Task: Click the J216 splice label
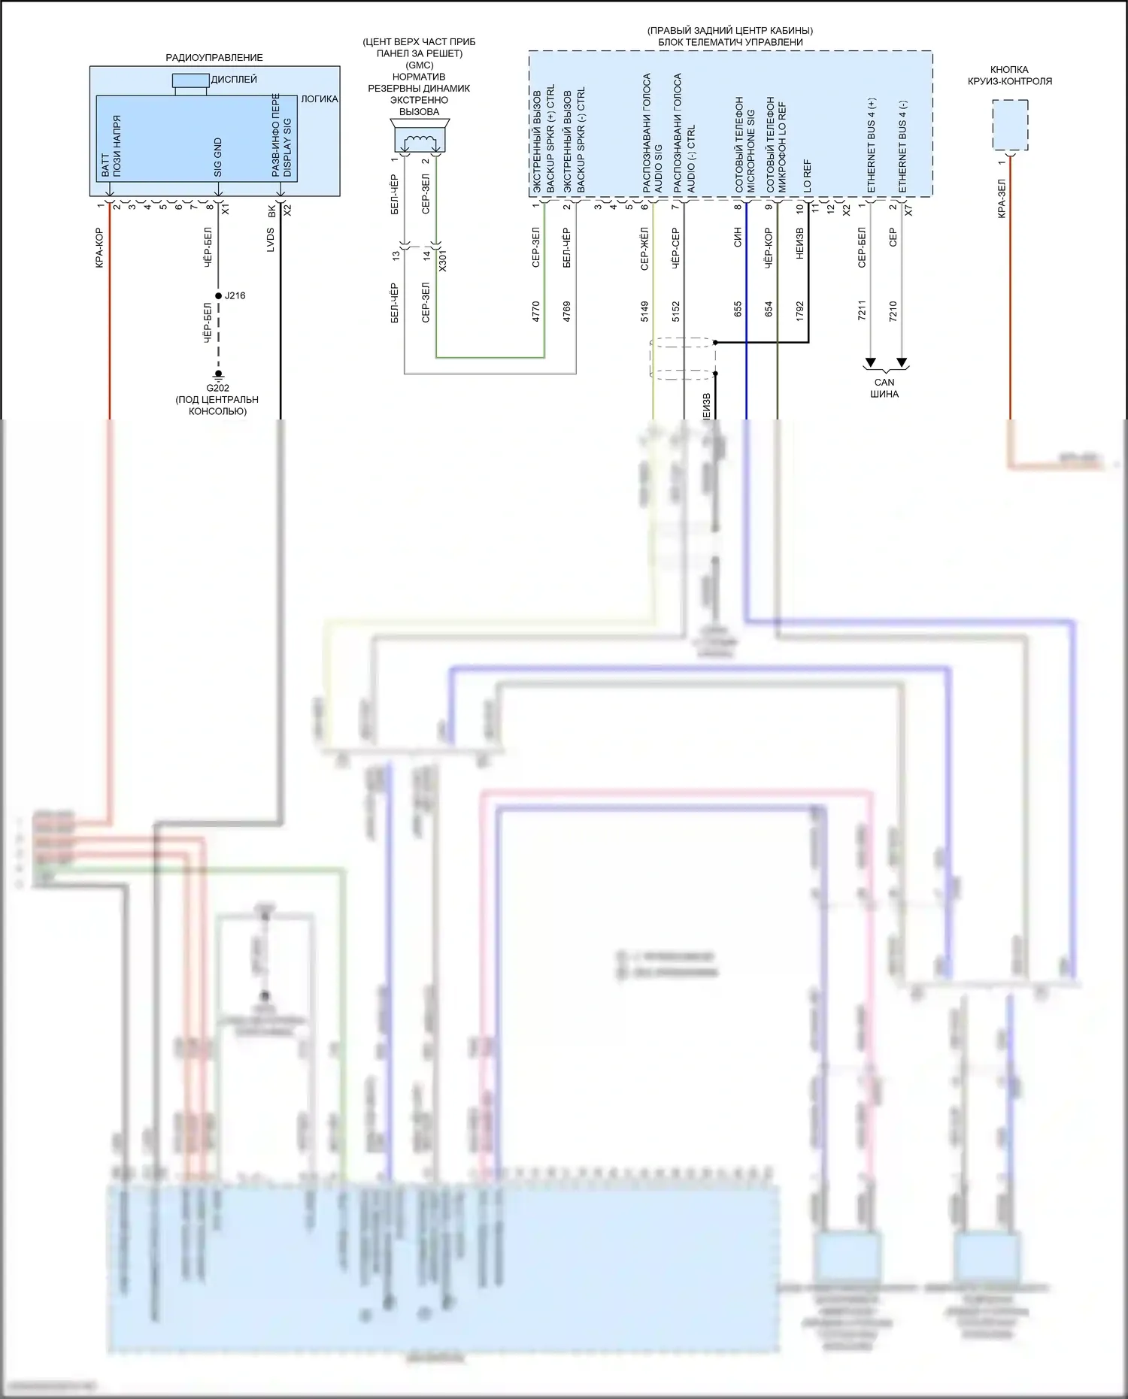(235, 295)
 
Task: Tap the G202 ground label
(217, 388)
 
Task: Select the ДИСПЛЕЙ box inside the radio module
(190, 80)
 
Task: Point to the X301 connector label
(442, 260)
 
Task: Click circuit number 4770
(536, 311)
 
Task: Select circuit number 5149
(644, 311)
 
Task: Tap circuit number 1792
(799, 311)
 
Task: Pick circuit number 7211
(862, 311)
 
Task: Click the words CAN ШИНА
(884, 388)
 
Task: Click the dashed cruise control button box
(1010, 125)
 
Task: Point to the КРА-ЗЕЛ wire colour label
(1002, 198)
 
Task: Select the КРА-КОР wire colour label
(99, 248)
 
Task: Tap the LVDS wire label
(271, 240)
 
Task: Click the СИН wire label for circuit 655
(738, 238)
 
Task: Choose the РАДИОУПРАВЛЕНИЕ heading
(214, 57)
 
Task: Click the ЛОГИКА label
(320, 98)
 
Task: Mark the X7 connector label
(908, 211)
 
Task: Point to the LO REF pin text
(808, 174)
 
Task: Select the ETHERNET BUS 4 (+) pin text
(872, 145)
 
